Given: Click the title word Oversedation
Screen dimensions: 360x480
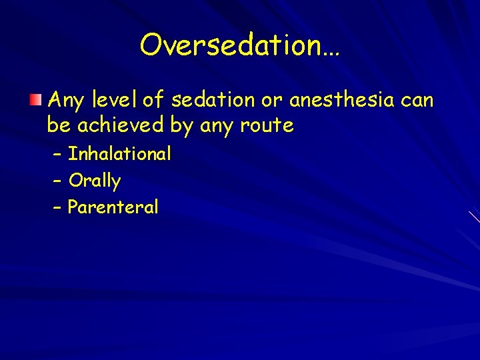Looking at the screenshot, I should pyautogui.click(x=239, y=45).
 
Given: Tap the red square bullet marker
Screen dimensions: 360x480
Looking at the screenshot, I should pyautogui.click(x=35, y=101).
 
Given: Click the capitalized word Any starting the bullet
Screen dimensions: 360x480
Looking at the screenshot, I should pyautogui.click(x=65, y=101).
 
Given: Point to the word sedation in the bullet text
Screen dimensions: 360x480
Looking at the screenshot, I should pyautogui.click(x=211, y=101).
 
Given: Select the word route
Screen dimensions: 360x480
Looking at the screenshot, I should pyautogui.click(x=266, y=125).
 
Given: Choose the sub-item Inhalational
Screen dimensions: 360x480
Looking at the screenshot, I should pyautogui.click(x=120, y=154).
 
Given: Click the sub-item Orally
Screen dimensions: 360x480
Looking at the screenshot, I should pyautogui.click(x=95, y=181).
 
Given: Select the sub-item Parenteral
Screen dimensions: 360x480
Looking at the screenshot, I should pyautogui.click(x=113, y=207).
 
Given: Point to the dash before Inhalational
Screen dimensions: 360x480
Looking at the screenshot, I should pyautogui.click(x=57, y=155).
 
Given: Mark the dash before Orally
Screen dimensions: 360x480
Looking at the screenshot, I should pyautogui.click(x=57, y=181).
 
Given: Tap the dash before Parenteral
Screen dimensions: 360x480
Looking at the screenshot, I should pyautogui.click(x=57, y=207).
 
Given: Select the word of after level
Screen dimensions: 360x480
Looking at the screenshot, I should pyautogui.click(x=153, y=101).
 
